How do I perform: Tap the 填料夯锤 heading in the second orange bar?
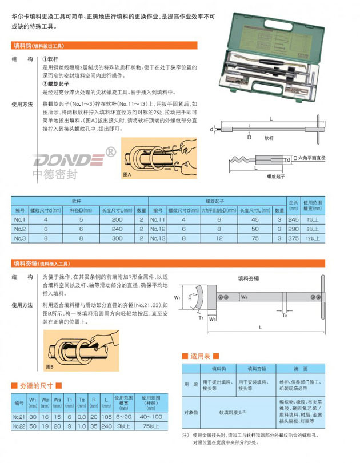pyautogui.click(x=25, y=263)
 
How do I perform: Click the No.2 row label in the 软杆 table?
pyautogui.click(x=20, y=228)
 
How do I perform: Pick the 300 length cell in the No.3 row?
pyautogui.click(x=117, y=238)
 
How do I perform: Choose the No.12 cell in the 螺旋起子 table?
pyautogui.click(x=158, y=228)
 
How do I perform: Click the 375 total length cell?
pyautogui.click(x=294, y=238)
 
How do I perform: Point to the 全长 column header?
pyautogui.click(x=294, y=203)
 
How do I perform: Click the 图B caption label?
pyautogui.click(x=50, y=366)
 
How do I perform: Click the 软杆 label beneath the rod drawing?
pyautogui.click(x=269, y=138)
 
